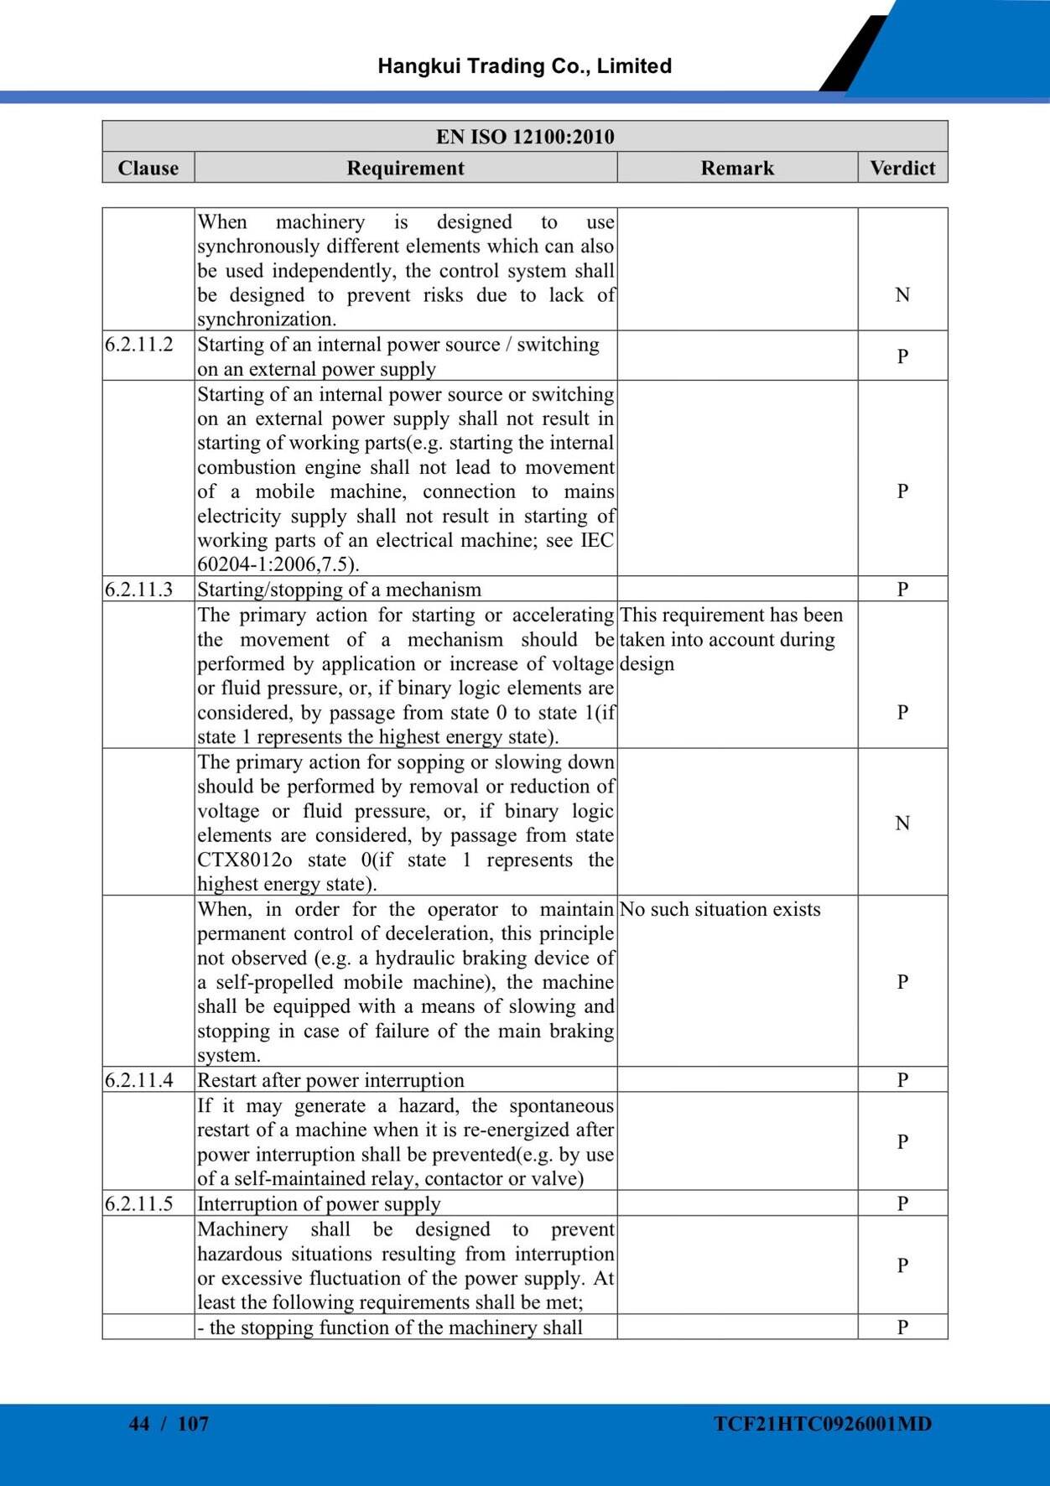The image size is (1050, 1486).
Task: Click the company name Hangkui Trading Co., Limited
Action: point(524,66)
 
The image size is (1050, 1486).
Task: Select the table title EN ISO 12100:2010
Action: point(525,137)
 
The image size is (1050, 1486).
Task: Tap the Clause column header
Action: point(148,168)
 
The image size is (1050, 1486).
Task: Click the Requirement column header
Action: point(405,168)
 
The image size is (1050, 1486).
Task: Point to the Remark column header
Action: point(737,168)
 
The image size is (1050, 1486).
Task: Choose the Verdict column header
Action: point(902,168)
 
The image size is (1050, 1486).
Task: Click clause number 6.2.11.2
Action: point(139,345)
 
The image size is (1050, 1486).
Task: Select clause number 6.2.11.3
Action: point(139,590)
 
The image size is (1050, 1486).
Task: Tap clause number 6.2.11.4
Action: point(139,1080)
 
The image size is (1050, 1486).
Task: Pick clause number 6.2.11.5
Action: point(139,1204)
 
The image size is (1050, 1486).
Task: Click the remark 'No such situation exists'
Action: point(720,910)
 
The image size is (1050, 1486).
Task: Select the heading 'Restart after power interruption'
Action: point(330,1080)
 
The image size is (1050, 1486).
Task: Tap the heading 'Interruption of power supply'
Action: point(319,1204)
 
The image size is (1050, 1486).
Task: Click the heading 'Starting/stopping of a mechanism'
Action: point(340,590)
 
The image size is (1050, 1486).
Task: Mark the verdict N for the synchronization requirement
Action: point(902,294)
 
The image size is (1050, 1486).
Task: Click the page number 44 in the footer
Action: point(139,1424)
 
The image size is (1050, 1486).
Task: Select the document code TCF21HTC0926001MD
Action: point(823,1424)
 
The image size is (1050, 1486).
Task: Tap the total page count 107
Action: point(193,1424)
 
